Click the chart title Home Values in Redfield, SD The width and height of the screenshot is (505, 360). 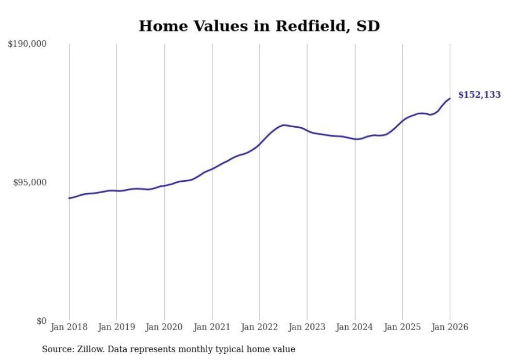point(259,26)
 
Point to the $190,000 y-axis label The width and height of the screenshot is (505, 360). point(27,44)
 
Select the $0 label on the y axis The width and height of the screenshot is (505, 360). point(41,321)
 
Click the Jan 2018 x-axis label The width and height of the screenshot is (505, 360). point(69,327)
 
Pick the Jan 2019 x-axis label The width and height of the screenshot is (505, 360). point(116,327)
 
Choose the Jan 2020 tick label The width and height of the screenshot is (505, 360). point(164,327)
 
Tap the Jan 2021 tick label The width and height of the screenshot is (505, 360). point(212,327)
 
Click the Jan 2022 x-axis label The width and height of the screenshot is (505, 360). point(260,327)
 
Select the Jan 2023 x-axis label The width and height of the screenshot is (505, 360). point(307,327)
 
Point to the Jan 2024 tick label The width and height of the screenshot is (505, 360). point(355,327)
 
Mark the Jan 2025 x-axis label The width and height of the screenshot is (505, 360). point(402,327)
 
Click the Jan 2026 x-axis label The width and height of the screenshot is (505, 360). point(450,327)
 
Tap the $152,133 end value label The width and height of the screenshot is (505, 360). point(479,95)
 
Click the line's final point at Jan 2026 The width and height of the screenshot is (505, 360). point(450,98)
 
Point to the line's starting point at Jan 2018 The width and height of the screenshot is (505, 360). point(69,198)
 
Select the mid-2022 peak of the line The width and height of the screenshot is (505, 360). point(283,125)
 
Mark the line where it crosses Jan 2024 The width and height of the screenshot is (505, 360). point(355,139)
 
